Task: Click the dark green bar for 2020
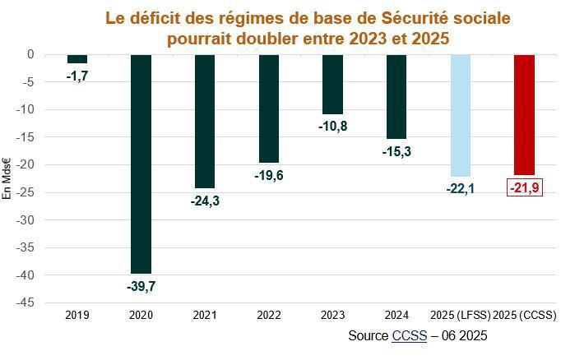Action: pyautogui.click(x=141, y=164)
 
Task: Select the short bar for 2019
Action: pyautogui.click(x=77, y=58)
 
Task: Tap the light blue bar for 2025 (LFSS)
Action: pyautogui.click(x=461, y=115)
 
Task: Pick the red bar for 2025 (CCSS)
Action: pyautogui.click(x=524, y=114)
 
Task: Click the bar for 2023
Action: pyautogui.click(x=332, y=84)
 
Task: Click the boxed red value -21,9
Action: pyautogui.click(x=524, y=189)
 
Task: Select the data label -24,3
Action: pyautogui.click(x=205, y=200)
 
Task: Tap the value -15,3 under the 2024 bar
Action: pyautogui.click(x=396, y=151)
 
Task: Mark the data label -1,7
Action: pyautogui.click(x=78, y=75)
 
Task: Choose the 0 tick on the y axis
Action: pyautogui.click(x=30, y=54)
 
